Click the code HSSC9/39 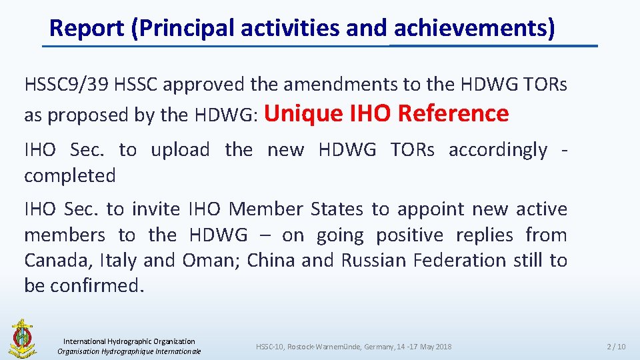coord(67,85)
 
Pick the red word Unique coord(304,113)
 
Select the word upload coord(180,150)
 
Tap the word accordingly coord(498,150)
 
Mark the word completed coord(70,176)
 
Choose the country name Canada coord(57,260)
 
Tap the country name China coord(271,260)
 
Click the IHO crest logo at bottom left coord(22,339)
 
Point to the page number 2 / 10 coord(615,347)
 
